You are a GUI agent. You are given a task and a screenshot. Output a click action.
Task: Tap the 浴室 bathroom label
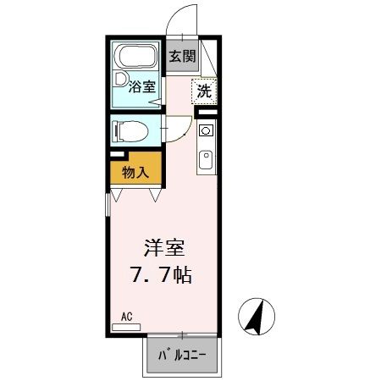pyautogui.click(x=141, y=86)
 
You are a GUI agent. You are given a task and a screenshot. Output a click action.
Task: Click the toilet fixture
pyautogui.click(x=129, y=131)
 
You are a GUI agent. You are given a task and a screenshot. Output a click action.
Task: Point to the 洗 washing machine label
pyautogui.click(x=204, y=91)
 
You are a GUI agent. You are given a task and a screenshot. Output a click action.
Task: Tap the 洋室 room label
pyautogui.click(x=164, y=249)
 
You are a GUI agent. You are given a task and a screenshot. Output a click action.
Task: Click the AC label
pyautogui.click(x=127, y=317)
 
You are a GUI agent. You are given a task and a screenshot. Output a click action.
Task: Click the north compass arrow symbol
pyautogui.click(x=255, y=317)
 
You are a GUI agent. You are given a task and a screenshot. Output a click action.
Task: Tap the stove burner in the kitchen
pyautogui.click(x=206, y=131)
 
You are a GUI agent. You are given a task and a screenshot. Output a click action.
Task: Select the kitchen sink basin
pyautogui.click(x=206, y=159)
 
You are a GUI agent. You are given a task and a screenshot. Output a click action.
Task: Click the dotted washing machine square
pyautogui.click(x=204, y=91)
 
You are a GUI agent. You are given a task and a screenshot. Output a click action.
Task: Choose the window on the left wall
pyautogui.click(x=108, y=203)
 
